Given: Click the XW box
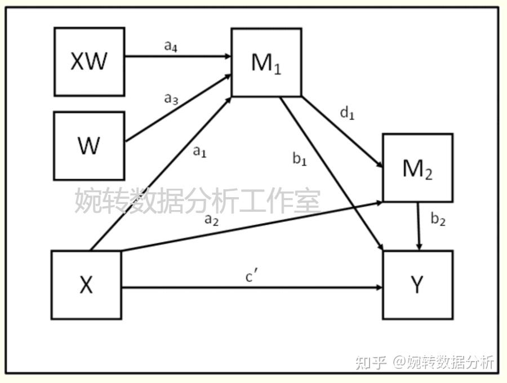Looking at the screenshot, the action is tap(89, 61).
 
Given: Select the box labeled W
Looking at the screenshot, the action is tap(89, 145).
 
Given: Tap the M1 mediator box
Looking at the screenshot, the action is tap(266, 63).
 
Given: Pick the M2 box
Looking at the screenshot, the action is tap(417, 168).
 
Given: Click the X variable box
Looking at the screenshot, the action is tap(86, 285).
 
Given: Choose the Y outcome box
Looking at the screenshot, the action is tap(417, 285).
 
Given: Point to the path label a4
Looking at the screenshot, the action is tap(171, 46).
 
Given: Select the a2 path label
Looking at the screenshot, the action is tap(211, 220).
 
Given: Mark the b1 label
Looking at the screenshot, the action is tap(300, 159).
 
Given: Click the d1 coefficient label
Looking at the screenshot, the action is tap(348, 113).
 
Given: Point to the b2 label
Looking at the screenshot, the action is tap(438, 220).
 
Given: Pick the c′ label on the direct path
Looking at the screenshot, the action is tap(252, 277).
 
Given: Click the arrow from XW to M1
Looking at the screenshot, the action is tap(177, 56).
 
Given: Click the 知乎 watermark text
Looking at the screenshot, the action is tap(371, 362).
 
